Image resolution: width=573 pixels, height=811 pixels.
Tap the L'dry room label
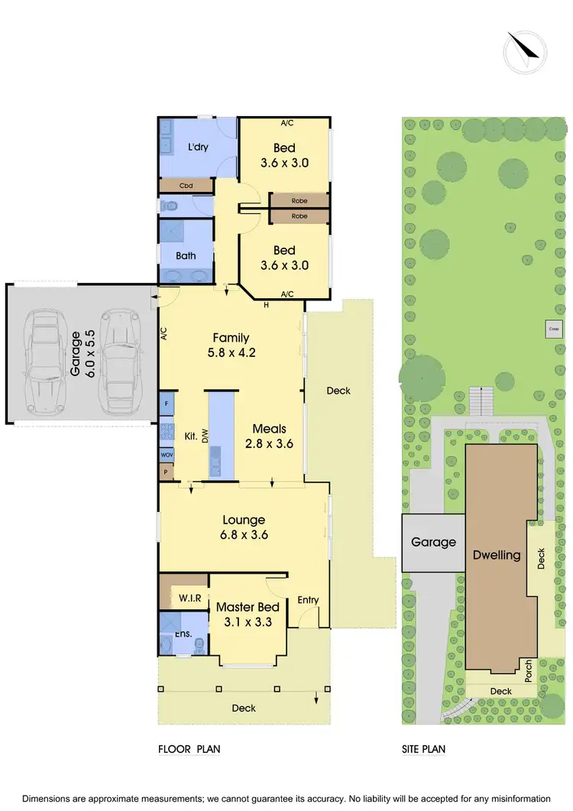[x=199, y=147]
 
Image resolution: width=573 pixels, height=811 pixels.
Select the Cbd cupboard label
[x=186, y=186]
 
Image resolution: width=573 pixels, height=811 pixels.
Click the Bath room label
[x=186, y=256]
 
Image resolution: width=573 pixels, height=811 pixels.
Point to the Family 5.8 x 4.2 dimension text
[x=231, y=354]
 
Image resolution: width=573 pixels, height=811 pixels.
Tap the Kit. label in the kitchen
[x=191, y=436]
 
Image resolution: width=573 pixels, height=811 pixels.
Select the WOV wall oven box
[x=167, y=454]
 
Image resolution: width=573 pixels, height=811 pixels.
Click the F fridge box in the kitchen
[x=167, y=403]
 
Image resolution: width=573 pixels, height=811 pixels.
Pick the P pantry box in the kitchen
[x=167, y=472]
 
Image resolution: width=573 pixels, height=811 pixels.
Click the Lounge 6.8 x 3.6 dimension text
[x=244, y=536]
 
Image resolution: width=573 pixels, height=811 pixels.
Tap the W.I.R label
[x=189, y=597]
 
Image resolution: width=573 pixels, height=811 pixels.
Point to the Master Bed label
[x=246, y=607]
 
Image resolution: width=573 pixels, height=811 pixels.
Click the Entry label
[x=308, y=600]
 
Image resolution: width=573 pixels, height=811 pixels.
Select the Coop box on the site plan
[x=553, y=329]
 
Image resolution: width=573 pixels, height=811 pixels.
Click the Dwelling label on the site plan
[x=497, y=556]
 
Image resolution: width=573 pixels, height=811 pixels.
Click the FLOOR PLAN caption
[x=189, y=750]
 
